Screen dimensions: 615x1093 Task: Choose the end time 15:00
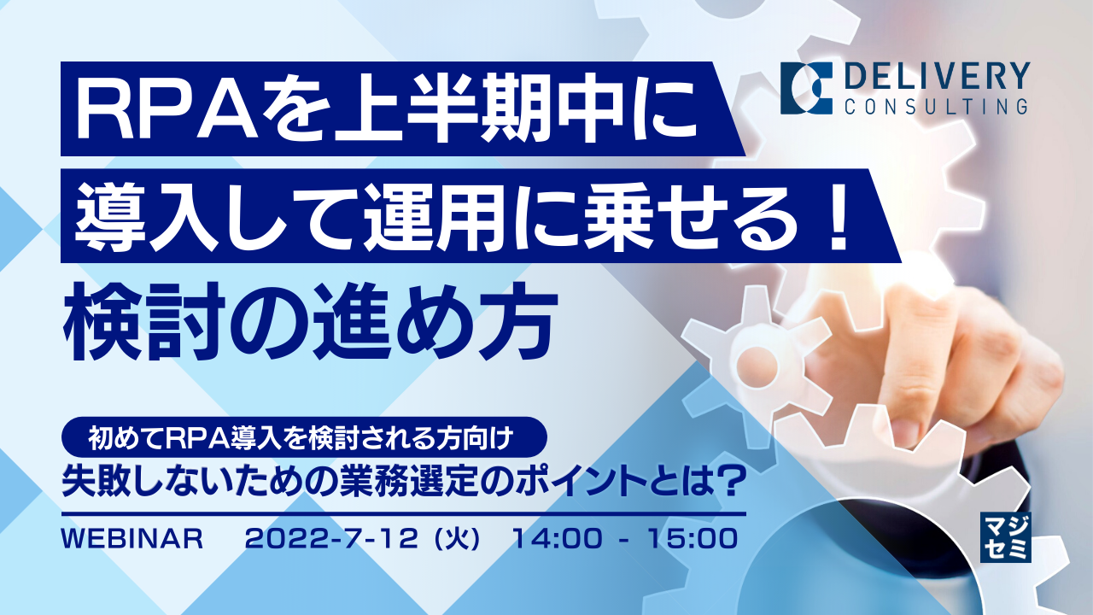point(691,539)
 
